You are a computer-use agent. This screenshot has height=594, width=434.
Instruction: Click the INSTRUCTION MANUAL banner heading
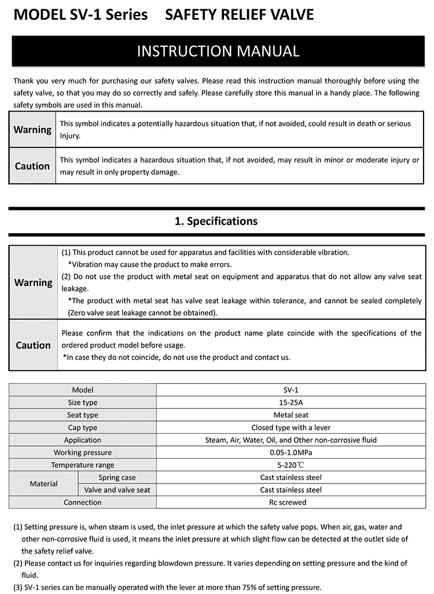(x=218, y=51)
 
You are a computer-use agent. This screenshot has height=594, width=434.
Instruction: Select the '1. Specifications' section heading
(x=216, y=221)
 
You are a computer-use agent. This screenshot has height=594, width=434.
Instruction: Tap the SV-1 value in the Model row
(x=290, y=390)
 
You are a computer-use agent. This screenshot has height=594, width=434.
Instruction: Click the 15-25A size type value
(x=290, y=403)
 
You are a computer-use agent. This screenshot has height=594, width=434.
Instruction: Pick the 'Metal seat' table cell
(x=290, y=415)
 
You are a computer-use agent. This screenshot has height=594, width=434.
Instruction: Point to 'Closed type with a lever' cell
(x=290, y=427)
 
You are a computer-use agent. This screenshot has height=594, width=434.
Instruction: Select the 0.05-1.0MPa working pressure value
(x=290, y=452)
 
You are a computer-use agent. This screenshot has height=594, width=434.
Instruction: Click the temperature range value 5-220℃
(x=290, y=465)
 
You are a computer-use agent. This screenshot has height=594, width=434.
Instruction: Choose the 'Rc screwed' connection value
(x=290, y=502)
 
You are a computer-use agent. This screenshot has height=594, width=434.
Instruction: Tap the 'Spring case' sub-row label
(x=117, y=477)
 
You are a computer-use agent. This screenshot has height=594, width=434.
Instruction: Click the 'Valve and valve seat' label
(x=117, y=490)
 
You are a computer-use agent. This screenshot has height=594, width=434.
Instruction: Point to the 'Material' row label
(x=44, y=484)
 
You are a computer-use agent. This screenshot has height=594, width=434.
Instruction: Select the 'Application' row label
(x=83, y=440)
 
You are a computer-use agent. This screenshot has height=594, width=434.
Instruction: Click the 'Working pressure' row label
(x=83, y=452)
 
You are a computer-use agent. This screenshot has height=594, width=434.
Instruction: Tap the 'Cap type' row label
(x=83, y=427)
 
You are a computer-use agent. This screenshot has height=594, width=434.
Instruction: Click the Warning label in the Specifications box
(x=33, y=283)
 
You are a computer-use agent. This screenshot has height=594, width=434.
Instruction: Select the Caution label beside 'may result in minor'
(x=32, y=166)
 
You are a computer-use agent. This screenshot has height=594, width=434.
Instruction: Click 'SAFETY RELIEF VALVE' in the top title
(x=239, y=15)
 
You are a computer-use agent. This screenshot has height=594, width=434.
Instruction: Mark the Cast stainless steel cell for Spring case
(x=290, y=477)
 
